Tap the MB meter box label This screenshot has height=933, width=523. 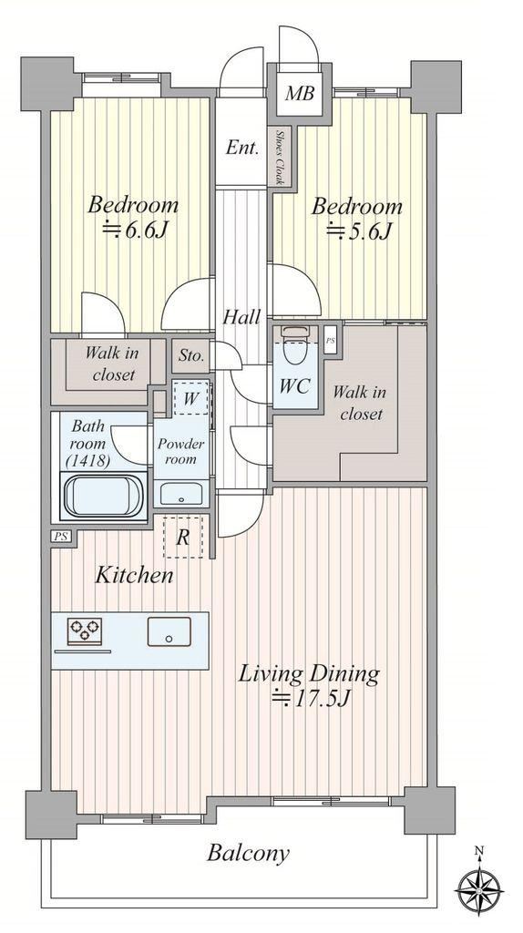tap(298, 94)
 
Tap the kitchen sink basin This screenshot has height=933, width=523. tap(169, 631)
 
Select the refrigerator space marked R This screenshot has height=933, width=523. tap(183, 537)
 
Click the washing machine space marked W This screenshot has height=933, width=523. tap(191, 398)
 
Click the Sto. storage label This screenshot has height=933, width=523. tap(191, 356)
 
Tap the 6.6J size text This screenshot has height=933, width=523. tap(133, 229)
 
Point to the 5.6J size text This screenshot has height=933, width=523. tap(359, 229)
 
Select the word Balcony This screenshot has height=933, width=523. tap(248, 854)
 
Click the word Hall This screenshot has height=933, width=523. tap(241, 317)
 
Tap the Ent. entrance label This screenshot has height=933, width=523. tap(242, 147)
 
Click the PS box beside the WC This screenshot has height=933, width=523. tap(331, 341)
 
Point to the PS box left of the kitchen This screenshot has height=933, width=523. tap(61, 536)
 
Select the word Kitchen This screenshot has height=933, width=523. tap(135, 575)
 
